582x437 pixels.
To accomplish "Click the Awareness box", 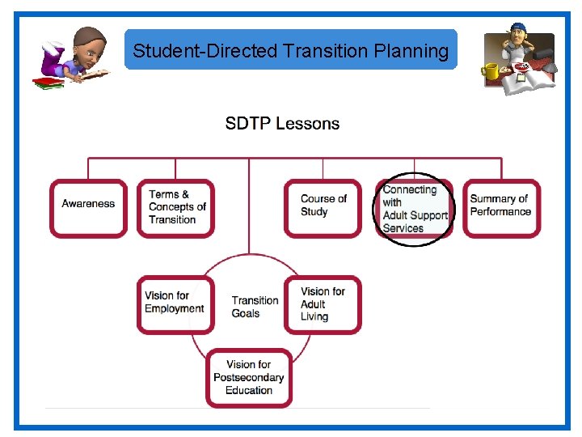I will click(x=88, y=208).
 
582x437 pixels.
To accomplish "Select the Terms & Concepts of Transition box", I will click(x=175, y=208).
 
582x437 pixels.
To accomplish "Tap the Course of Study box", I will click(x=323, y=208).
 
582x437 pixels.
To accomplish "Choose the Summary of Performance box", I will click(x=501, y=208).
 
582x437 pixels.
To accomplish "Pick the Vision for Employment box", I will click(x=175, y=304).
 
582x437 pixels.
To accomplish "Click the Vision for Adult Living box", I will click(x=323, y=304).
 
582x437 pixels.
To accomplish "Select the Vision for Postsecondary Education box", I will click(x=249, y=378).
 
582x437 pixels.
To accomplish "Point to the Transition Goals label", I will click(x=255, y=307).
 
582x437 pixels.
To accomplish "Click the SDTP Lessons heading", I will click(x=282, y=124).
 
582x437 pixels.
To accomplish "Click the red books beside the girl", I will click(x=48, y=82).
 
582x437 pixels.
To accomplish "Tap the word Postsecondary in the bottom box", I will click(x=249, y=378).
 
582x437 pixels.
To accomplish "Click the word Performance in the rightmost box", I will click(x=501, y=212).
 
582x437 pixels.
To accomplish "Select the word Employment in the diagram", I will click(x=175, y=309).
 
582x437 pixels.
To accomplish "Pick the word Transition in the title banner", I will click(x=327, y=51).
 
